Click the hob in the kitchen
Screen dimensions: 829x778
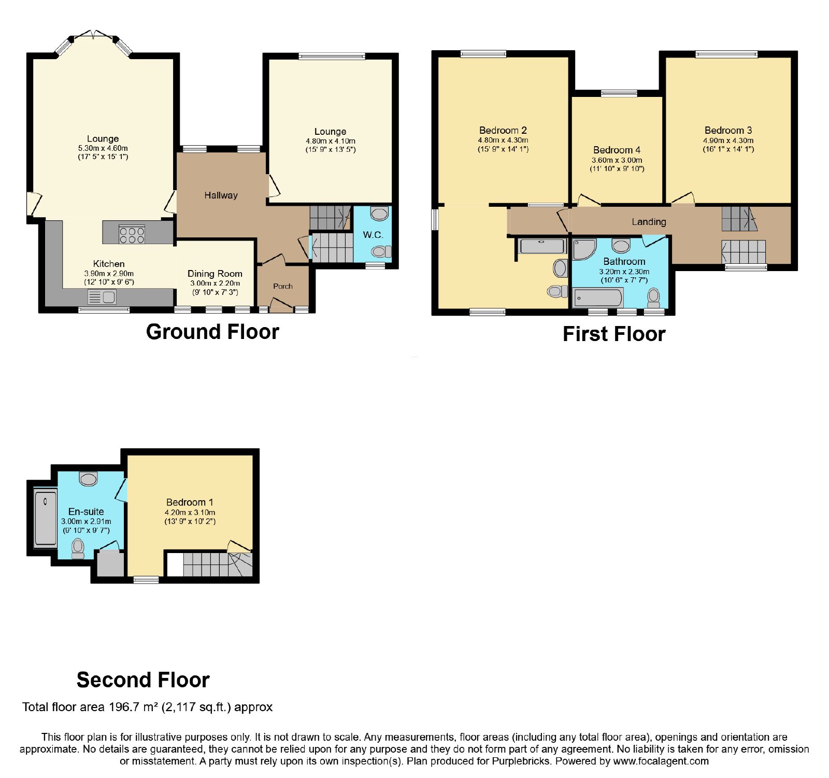pos(132,235)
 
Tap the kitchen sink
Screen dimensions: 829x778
pos(102,297)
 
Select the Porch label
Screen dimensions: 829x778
pos(283,286)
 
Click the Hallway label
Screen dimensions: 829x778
pos(221,195)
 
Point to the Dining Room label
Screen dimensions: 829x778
pos(215,274)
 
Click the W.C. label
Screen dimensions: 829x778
pos(373,235)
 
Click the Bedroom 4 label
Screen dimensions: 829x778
pos(617,150)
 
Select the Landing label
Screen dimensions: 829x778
pos(649,222)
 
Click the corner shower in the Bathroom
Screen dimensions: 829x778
pos(584,249)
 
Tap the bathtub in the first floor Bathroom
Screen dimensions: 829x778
pos(598,298)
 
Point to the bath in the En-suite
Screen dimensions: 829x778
pos(46,518)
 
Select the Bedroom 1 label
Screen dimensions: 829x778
pos(190,502)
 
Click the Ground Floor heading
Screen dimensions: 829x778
pos(212,332)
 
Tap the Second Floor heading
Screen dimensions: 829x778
pos(143,680)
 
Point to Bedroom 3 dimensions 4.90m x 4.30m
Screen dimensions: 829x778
pos(728,140)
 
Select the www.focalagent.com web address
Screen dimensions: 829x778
pos(661,761)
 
